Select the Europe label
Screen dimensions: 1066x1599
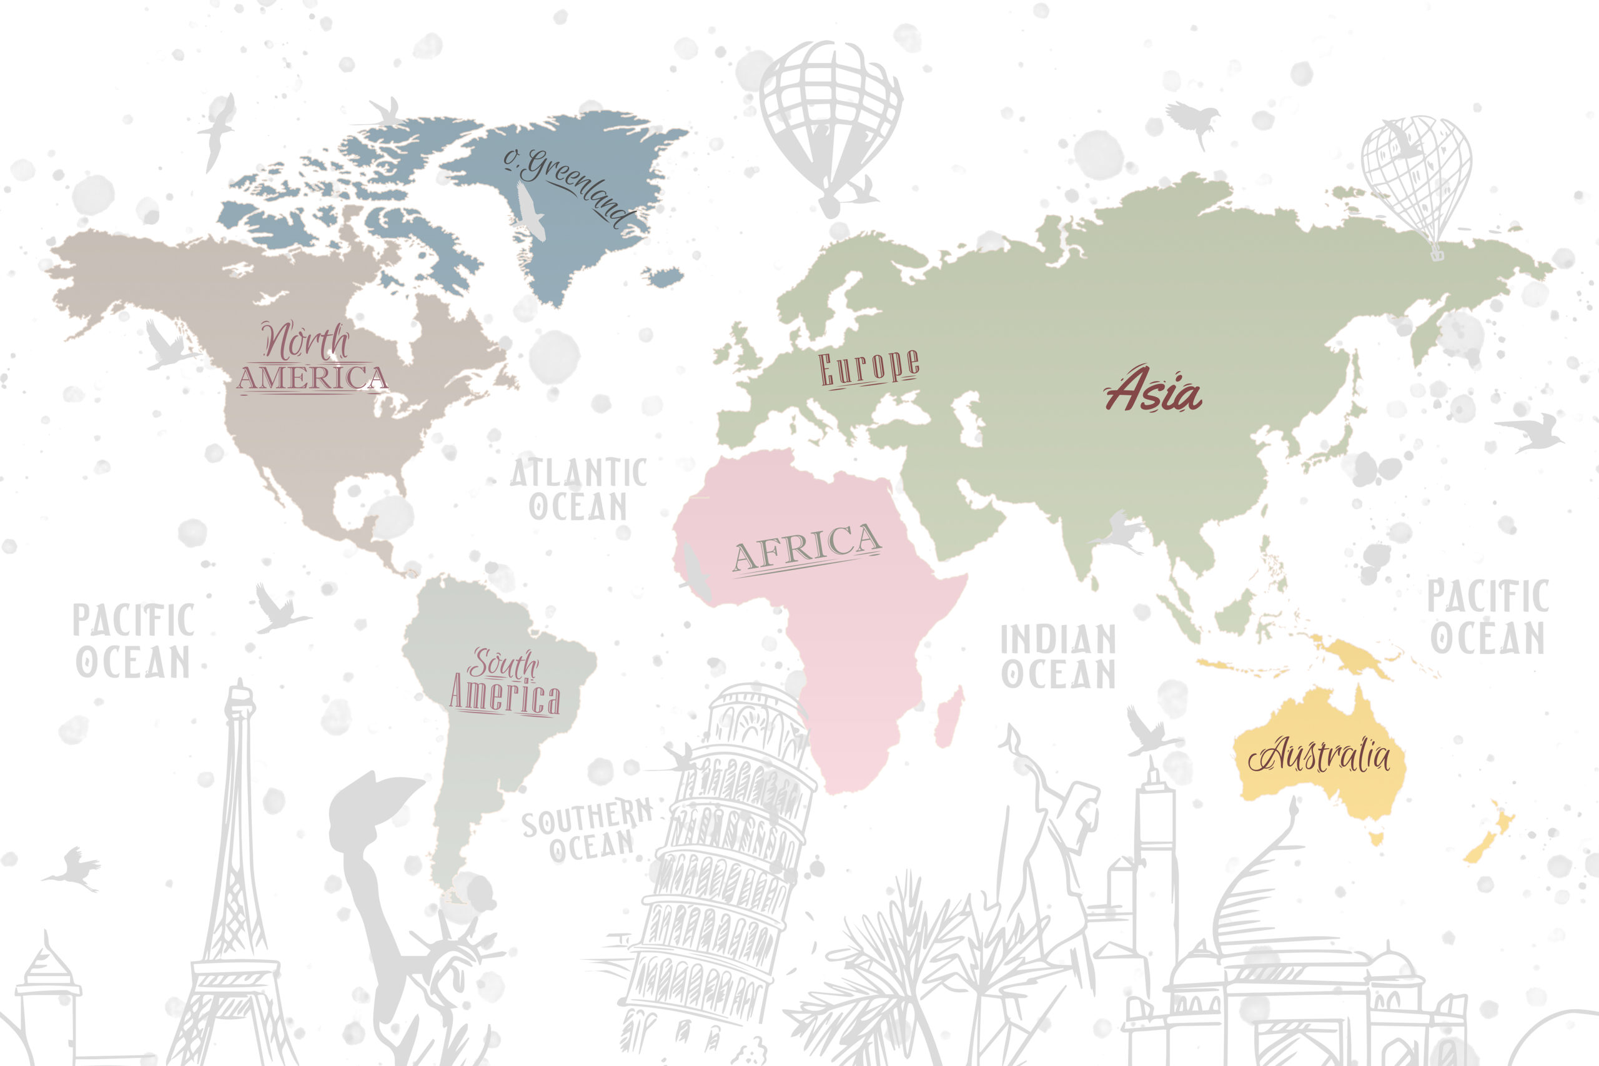pyautogui.click(x=869, y=368)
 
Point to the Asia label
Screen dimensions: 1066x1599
pyautogui.click(x=1154, y=390)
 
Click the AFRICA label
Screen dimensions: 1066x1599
pyautogui.click(x=806, y=547)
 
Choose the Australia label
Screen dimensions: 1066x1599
pyautogui.click(x=1319, y=754)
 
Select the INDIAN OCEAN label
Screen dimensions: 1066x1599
pyautogui.click(x=1058, y=656)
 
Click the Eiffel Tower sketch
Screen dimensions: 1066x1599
pyautogui.click(x=235, y=884)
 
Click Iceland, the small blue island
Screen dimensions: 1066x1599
pyautogui.click(x=664, y=277)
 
